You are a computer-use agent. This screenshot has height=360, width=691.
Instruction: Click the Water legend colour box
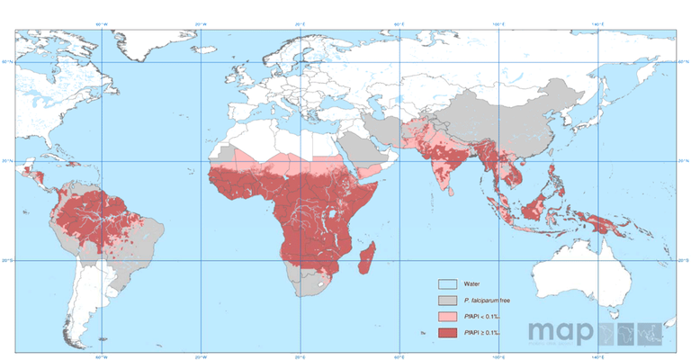[448, 283]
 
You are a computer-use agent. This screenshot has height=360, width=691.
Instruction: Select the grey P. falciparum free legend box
[448, 300]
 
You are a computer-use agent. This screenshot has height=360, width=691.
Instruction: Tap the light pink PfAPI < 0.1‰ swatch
[448, 317]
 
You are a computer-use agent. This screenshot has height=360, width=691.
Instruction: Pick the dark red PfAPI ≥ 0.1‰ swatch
[448, 333]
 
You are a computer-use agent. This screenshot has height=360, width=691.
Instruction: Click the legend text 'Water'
[472, 283]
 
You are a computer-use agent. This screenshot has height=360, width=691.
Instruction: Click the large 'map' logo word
[561, 332]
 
